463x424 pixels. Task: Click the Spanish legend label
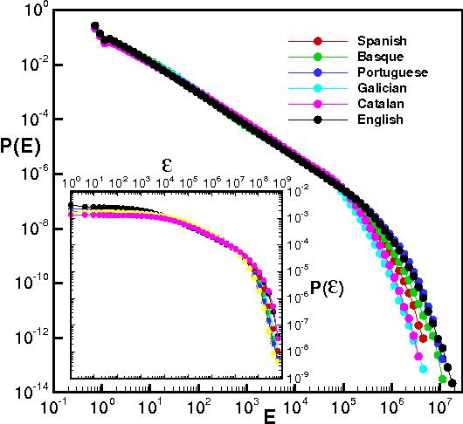point(381,41)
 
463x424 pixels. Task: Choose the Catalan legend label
point(381,104)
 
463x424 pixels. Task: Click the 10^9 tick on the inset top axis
point(281,182)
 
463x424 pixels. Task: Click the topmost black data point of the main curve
point(94,26)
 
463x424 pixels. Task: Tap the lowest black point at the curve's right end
point(453,382)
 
